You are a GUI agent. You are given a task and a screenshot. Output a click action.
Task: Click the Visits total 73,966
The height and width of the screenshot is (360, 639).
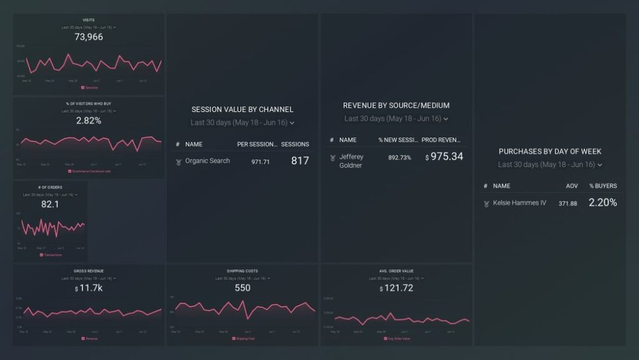coord(89,37)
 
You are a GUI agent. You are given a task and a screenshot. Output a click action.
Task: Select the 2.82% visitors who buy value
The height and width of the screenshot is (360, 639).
coord(89,120)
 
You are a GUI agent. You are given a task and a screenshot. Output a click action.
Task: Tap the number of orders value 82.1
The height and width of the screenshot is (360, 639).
coord(50,204)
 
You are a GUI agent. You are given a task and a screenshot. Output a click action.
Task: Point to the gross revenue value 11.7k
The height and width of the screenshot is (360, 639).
coord(89,289)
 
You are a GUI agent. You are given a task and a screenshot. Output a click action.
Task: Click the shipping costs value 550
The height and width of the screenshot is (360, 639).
coord(242,288)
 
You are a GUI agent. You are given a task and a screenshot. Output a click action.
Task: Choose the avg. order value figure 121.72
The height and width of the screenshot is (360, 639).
coord(396,288)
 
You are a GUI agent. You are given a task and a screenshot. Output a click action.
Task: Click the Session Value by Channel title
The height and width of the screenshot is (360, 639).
coord(242,109)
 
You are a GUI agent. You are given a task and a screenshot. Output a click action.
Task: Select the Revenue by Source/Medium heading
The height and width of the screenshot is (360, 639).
coord(396,106)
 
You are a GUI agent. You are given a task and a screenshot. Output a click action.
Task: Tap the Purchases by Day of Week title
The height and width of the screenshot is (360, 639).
coord(550,152)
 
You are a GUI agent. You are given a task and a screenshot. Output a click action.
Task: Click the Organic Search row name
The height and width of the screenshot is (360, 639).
coord(207,161)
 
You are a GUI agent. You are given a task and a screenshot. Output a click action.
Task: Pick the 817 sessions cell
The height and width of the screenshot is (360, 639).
coord(300,161)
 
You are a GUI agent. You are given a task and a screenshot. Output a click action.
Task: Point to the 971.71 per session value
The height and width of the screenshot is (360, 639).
coord(260,162)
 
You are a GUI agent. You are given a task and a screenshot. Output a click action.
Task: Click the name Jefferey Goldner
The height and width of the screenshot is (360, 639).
coord(351,161)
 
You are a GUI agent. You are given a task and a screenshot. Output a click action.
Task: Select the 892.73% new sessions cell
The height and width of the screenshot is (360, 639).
coord(399,157)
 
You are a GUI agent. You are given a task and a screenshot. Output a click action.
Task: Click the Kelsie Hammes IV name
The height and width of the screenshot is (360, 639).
coord(520,203)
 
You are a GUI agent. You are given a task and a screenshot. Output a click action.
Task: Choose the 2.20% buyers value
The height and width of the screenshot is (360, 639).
coord(603,203)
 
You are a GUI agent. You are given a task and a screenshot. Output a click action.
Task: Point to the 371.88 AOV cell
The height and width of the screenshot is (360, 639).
coord(567,203)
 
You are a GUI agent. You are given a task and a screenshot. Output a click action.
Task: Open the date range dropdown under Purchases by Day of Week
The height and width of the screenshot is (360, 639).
coord(550,164)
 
